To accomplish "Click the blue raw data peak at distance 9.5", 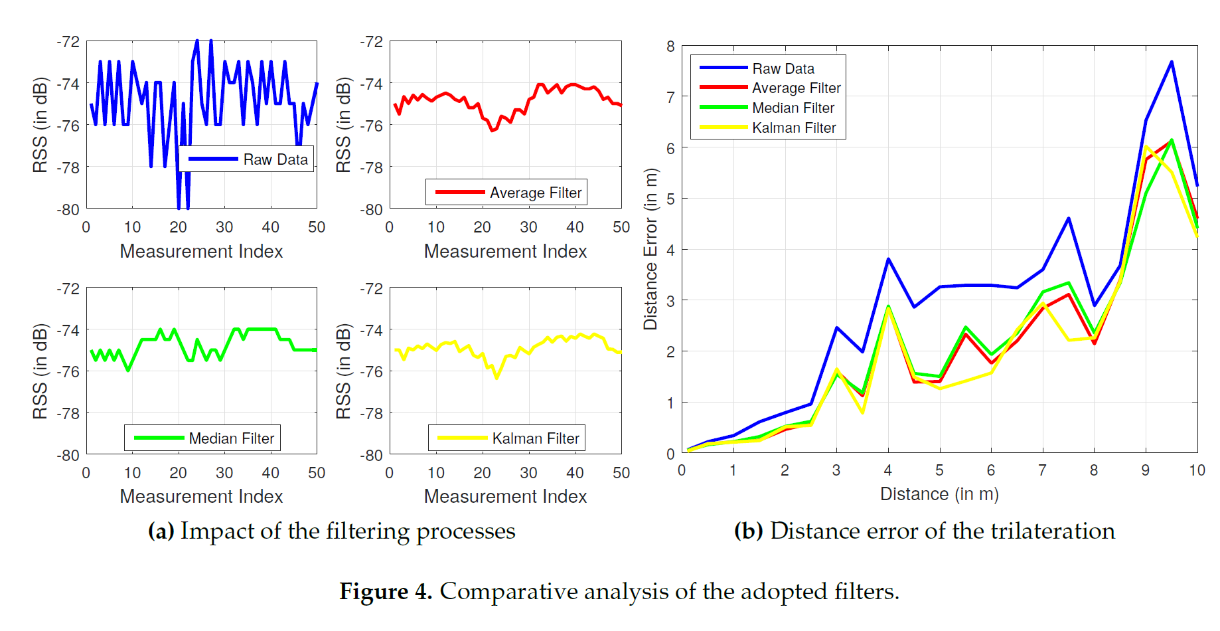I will (1172, 62).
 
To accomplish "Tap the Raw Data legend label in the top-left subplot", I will (275, 159).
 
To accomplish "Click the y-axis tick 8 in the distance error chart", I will (670, 46).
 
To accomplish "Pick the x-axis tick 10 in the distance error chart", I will (1196, 470).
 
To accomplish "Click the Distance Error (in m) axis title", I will (650, 249).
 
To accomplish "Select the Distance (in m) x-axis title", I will (939, 494).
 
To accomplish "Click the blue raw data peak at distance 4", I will (888, 259).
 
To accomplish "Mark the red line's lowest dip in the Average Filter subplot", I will (493, 130).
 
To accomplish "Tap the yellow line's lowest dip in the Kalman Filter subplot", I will (496, 377).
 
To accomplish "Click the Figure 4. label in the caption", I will (386, 591).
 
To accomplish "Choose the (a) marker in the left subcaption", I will (161, 531).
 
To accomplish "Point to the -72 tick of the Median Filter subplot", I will (68, 289).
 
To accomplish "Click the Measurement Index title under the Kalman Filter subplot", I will (505, 496).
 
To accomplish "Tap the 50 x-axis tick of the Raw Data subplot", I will (317, 227).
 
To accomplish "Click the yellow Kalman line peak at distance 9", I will (1146, 147).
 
